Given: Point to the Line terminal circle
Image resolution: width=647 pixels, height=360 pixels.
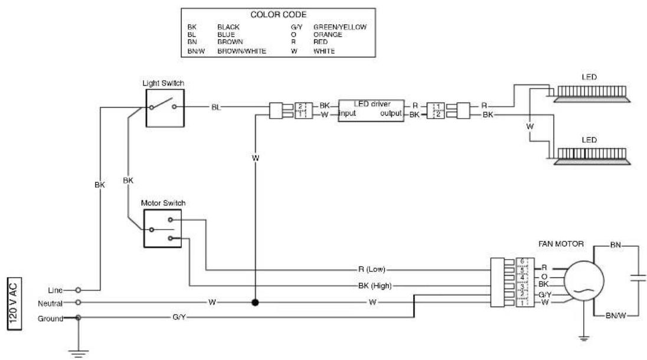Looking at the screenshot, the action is (x=78, y=290).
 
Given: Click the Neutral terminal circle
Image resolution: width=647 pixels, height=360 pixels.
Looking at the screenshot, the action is (x=78, y=303).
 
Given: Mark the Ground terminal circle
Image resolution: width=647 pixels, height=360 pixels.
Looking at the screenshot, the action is (x=78, y=318).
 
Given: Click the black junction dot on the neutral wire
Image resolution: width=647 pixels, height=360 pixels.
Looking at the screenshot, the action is (x=255, y=302).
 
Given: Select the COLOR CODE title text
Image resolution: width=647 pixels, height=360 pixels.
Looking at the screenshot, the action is (x=279, y=14).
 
